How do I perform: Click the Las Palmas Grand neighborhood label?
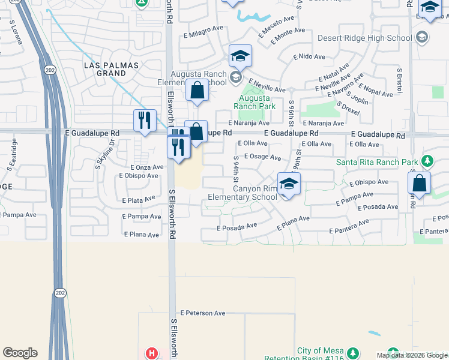pyautogui.click(x=113, y=69)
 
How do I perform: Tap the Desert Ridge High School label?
pyautogui.click(x=374, y=38)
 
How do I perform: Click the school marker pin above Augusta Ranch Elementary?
pyautogui.click(x=240, y=56)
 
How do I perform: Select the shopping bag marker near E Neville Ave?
pyautogui.click(x=197, y=91)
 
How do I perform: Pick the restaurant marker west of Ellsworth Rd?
pyautogui.click(x=145, y=120)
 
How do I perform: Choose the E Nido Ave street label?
pyautogui.click(x=309, y=57)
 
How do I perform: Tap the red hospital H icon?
pyautogui.click(x=152, y=354)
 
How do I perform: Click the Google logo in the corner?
pyautogui.click(x=20, y=353)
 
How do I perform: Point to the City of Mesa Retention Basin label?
pyautogui.click(x=321, y=354)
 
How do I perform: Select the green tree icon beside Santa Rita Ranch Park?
pyautogui.click(x=427, y=161)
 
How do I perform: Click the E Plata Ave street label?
pyautogui.click(x=139, y=200)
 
